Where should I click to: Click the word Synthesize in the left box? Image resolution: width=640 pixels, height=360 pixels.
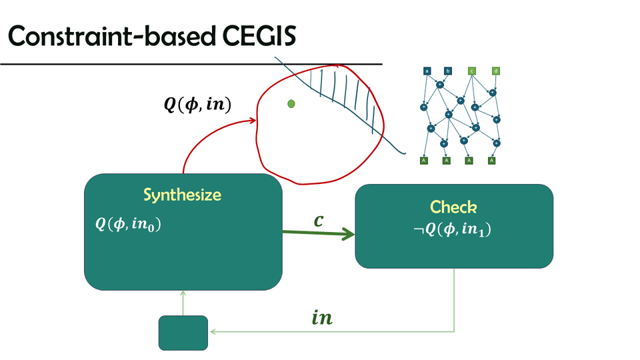(x=182, y=195)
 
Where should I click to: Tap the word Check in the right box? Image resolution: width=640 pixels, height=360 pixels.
(x=453, y=206)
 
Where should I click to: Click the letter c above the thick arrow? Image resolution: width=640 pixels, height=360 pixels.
(x=319, y=219)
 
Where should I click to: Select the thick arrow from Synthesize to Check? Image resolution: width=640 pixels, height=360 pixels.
(x=317, y=233)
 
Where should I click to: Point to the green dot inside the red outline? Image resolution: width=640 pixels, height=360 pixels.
(x=291, y=103)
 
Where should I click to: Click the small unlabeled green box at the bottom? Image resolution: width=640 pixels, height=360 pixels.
(x=183, y=332)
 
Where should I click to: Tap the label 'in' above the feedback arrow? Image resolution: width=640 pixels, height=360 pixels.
(x=322, y=317)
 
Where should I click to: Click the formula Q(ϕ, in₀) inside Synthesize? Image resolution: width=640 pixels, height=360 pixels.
(x=129, y=225)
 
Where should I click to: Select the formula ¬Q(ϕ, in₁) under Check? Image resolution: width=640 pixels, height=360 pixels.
(x=453, y=230)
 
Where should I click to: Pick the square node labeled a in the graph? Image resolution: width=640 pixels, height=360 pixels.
(x=427, y=71)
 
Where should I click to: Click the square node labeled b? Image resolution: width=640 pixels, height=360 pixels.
(x=448, y=71)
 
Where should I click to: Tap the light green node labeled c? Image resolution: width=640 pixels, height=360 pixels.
(x=471, y=71)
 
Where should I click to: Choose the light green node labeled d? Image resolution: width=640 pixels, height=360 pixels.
(x=495, y=71)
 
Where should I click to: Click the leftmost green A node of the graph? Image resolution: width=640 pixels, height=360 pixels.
(x=423, y=160)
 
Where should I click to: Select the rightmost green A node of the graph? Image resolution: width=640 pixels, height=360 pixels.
(x=492, y=160)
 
